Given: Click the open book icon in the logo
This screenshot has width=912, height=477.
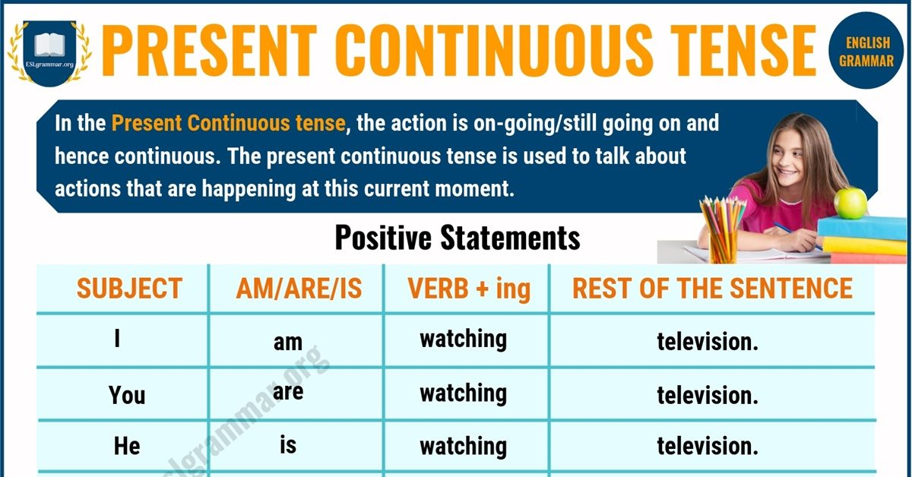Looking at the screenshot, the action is [49, 45].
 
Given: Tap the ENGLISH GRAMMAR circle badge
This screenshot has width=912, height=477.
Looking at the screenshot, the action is [866, 50].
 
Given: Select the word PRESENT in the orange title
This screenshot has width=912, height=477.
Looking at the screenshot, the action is [209, 50].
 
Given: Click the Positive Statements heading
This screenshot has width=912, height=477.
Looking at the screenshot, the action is [458, 238].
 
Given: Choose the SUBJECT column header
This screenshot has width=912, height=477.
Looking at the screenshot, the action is [129, 288].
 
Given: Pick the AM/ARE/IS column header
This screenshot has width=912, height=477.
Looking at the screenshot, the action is [299, 289].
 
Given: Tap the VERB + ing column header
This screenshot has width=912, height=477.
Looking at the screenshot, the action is [469, 289].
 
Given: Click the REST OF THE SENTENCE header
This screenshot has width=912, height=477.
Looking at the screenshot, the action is [713, 288].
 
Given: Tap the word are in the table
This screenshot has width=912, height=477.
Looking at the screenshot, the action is [288, 391].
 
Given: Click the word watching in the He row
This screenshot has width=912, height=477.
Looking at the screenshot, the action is [464, 447].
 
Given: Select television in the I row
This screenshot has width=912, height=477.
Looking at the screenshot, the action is [708, 341].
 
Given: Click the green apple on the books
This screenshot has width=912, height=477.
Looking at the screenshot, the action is [850, 203].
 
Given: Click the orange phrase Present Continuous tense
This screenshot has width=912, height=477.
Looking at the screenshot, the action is [229, 123].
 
